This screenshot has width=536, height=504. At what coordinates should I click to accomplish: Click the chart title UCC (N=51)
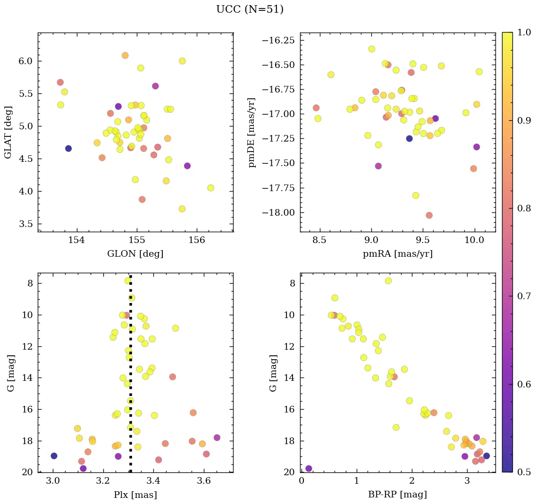[x=250, y=9]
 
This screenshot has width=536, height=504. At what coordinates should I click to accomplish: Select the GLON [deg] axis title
[x=135, y=254]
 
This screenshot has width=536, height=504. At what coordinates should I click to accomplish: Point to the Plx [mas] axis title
[x=135, y=495]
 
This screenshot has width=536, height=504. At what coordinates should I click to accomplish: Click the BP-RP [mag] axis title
[x=397, y=495]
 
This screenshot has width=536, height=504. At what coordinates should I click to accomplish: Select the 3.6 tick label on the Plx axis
[x=204, y=481]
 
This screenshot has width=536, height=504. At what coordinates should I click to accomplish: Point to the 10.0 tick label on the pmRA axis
[x=474, y=240]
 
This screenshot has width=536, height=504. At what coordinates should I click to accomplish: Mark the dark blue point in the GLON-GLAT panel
[x=68, y=148]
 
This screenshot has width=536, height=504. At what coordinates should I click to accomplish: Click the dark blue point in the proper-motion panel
[x=409, y=138]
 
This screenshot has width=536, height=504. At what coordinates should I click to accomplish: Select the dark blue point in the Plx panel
[x=54, y=456]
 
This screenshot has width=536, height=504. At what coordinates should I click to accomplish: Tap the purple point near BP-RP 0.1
[x=309, y=469]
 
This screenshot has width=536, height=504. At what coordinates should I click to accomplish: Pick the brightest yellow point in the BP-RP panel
[x=388, y=281]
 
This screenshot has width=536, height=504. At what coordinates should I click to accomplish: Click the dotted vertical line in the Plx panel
[x=130, y=378]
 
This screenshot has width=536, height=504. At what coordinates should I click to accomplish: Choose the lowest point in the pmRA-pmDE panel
[x=429, y=215]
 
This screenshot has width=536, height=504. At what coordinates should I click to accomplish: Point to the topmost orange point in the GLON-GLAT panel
[x=125, y=55]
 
